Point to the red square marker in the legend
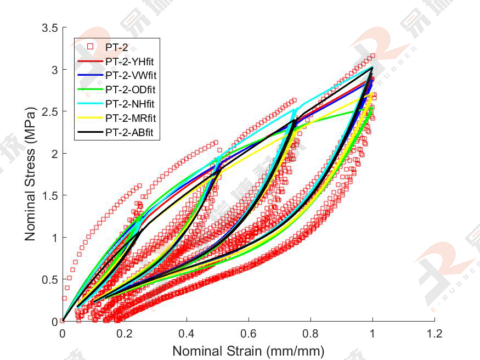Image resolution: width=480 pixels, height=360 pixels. tap(90, 47)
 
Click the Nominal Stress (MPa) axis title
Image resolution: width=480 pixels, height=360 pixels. tap(30, 175)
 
